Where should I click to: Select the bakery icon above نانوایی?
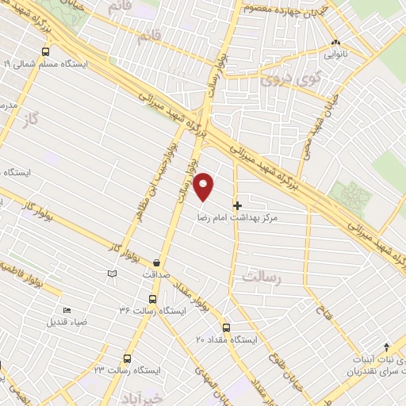tap(336, 43)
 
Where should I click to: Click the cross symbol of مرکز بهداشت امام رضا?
tap(238, 205)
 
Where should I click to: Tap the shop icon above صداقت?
tap(156, 262)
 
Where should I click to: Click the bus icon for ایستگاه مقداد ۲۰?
tap(226, 327)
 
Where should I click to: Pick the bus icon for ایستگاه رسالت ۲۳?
tap(124, 358)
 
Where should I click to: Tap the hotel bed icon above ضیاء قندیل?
tap(66, 310)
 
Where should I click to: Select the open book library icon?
tap(112, 274)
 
